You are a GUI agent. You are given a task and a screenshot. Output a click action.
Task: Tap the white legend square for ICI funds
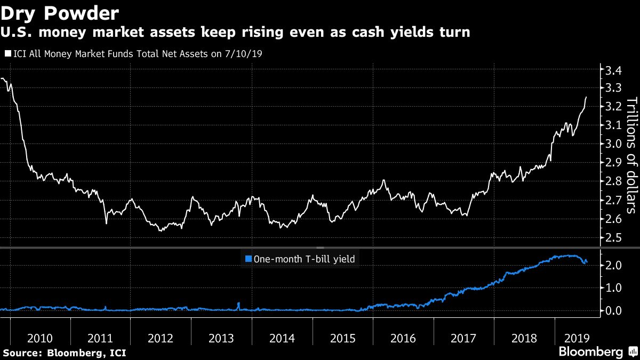[x=8, y=53]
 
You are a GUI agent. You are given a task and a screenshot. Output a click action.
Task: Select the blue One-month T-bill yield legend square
[x=247, y=259]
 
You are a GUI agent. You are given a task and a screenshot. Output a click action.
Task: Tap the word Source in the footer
[x=22, y=353]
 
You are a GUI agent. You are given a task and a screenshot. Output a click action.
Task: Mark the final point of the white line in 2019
[x=587, y=97]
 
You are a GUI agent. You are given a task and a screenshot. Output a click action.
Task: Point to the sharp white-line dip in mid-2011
[x=106, y=223]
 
